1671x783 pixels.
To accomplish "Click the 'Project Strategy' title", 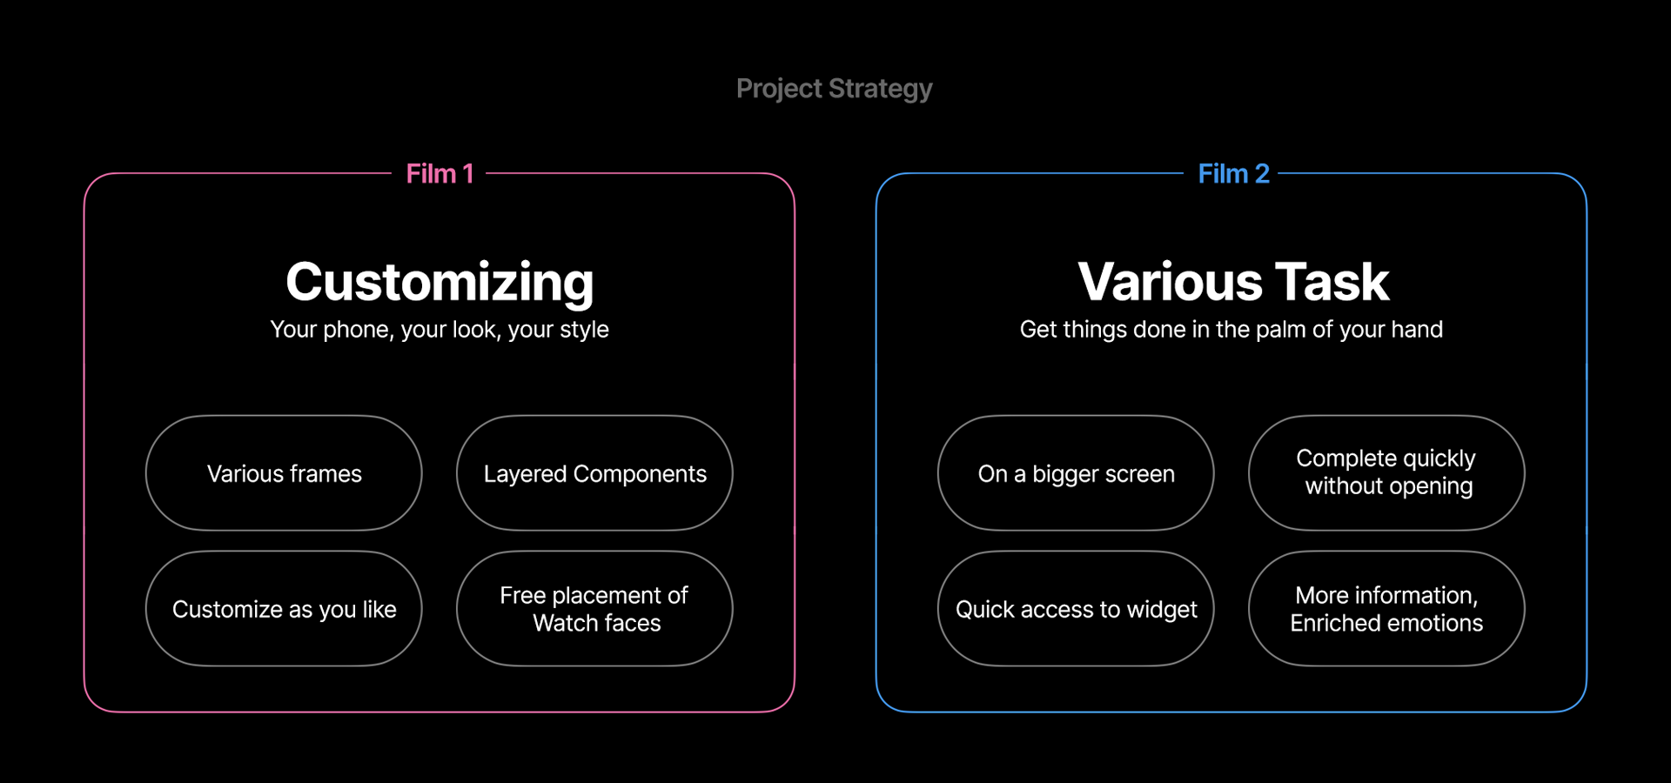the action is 835,89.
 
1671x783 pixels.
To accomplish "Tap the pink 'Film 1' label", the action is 440,174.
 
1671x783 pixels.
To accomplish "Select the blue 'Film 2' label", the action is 1233,174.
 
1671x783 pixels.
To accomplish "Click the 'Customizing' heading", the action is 440,283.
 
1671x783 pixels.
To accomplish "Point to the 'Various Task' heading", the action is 1233,282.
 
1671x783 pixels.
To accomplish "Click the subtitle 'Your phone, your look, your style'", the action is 440,330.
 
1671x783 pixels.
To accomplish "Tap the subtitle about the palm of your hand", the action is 1231,330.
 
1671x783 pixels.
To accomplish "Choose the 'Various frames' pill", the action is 284,473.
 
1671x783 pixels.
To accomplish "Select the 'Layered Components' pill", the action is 594,473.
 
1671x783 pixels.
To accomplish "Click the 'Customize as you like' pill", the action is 284,609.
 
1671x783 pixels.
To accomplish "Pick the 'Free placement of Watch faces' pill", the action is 594,609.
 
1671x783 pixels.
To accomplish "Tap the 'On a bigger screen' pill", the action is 1076,473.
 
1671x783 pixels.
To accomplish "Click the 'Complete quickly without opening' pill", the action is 1386,473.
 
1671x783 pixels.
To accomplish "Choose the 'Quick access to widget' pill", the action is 1076,609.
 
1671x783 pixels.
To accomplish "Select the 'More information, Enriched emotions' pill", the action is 1386,609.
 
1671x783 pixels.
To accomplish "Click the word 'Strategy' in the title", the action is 881,90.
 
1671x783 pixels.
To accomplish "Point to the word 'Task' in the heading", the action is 1332,282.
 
